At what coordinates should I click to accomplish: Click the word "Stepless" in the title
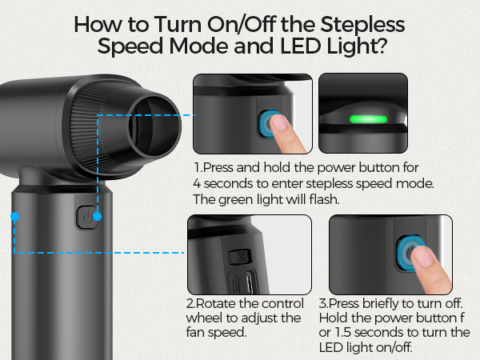coord(362,26)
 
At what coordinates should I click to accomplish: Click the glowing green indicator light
coord(369,119)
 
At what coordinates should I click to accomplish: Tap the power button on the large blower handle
coord(87,218)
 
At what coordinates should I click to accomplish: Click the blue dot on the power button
coord(97,217)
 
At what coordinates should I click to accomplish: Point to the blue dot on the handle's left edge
coord(14,217)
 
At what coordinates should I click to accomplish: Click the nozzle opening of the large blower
coord(154,126)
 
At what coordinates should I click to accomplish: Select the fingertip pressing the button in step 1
coord(280,123)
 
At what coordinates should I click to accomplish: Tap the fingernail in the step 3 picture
coord(422,256)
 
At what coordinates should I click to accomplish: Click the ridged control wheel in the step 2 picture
coord(240,257)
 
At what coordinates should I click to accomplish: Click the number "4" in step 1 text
coord(197,184)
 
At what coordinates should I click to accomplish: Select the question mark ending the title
coord(382,46)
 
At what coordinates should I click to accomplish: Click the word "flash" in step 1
coord(324,199)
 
